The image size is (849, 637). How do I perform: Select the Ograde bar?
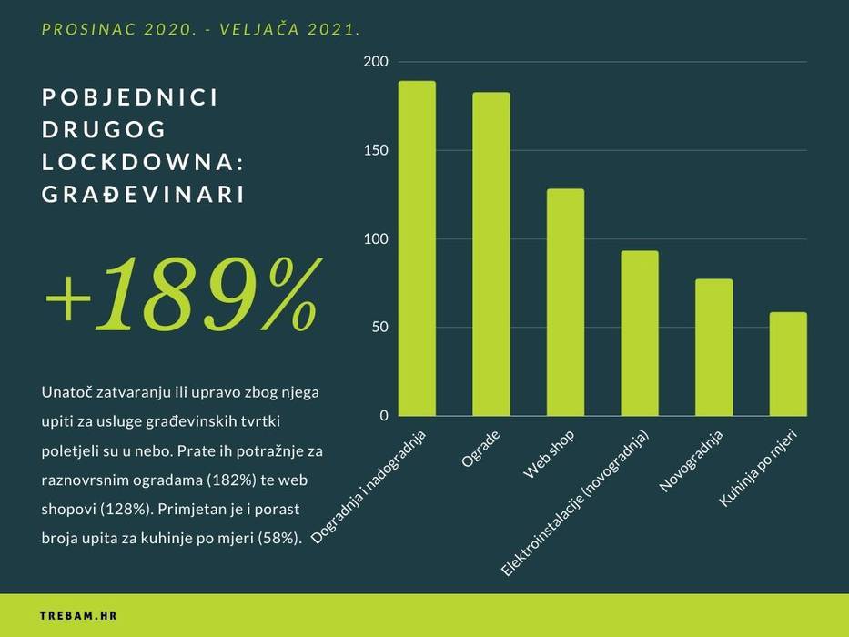(x=491, y=255)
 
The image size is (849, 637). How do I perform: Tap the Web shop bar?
(x=565, y=302)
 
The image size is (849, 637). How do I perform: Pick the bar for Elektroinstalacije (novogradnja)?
(x=640, y=333)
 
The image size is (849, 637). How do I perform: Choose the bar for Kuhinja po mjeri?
(x=788, y=364)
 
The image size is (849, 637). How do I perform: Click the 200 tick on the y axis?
(x=376, y=62)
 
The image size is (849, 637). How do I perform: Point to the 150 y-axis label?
(x=376, y=150)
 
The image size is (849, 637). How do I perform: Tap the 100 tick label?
(x=376, y=239)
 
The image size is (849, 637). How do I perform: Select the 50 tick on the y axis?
(x=379, y=328)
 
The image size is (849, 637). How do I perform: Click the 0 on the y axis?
(x=383, y=416)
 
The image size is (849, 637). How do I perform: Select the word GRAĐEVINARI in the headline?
(x=144, y=195)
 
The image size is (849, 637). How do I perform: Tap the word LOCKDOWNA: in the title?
(x=144, y=163)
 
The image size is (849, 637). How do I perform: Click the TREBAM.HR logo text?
(x=78, y=616)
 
